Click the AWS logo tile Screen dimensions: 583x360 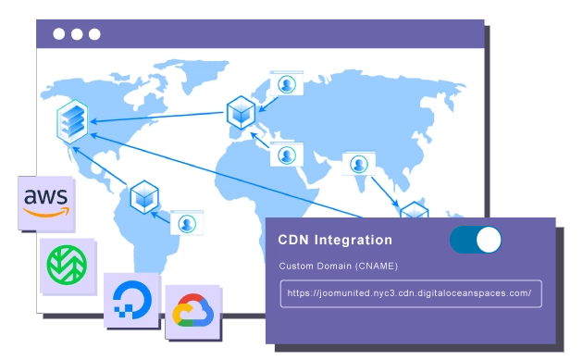[47, 203]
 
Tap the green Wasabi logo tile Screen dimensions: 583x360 [67, 265]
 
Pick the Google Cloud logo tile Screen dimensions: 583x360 [193, 312]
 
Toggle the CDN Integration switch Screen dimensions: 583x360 [476, 240]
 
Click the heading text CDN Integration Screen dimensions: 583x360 [335, 241]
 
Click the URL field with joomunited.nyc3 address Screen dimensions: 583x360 [411, 293]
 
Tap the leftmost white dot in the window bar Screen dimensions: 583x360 [59, 34]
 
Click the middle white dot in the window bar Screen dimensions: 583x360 [77, 34]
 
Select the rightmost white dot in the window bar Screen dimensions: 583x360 [94, 34]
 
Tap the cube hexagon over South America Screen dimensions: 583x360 [144, 195]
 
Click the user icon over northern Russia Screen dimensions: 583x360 [286, 84]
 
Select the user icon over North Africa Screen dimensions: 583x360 [287, 155]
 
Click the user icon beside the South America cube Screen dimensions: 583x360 [187, 223]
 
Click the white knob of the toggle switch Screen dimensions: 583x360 [489, 240]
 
